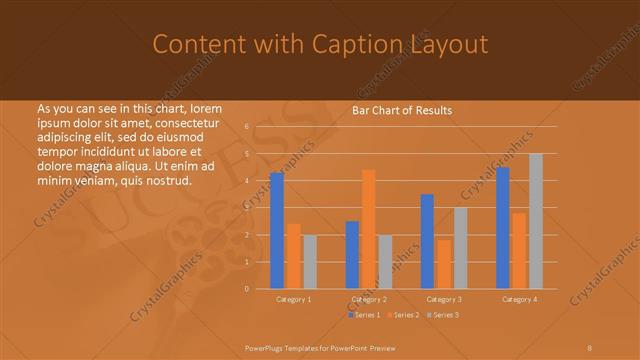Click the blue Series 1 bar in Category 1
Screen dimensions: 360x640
point(277,231)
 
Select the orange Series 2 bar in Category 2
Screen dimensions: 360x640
point(369,229)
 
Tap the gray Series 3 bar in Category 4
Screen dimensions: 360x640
point(536,221)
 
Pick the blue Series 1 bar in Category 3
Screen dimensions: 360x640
point(427,241)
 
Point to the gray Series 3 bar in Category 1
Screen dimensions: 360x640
point(310,262)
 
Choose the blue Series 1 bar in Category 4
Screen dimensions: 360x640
point(503,228)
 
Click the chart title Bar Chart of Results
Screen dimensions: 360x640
point(402,110)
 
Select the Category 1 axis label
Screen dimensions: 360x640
point(293,299)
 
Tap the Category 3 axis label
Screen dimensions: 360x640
point(443,299)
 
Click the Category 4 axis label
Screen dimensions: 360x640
point(519,299)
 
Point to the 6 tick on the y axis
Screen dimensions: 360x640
point(247,127)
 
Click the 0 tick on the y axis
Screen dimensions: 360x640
point(247,289)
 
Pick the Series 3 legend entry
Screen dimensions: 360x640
point(443,315)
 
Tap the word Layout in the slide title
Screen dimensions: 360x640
point(441,44)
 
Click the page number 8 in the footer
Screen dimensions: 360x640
point(590,347)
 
